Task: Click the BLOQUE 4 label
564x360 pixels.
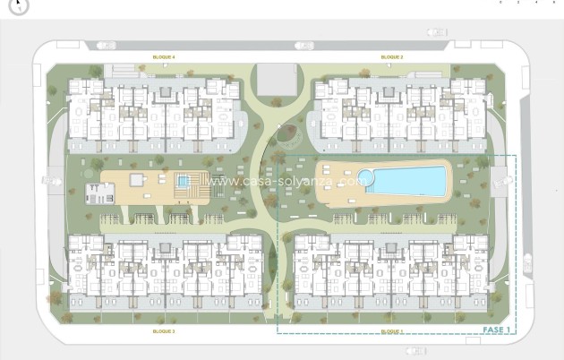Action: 164,56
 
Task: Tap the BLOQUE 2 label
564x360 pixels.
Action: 392,56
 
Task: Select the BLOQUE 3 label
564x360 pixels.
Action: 163,331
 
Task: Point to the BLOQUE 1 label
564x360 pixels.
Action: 391,331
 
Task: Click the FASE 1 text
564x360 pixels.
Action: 497,330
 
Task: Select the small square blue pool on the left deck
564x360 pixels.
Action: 184,181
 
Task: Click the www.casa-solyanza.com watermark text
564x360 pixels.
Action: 282,180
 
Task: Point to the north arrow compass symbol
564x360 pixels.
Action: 19,5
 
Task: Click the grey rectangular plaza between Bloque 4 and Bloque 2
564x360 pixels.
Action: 272,79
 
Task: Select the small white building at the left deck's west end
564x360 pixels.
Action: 99,192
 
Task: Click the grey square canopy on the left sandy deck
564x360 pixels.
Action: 136,179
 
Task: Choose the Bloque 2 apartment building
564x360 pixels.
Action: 399,112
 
